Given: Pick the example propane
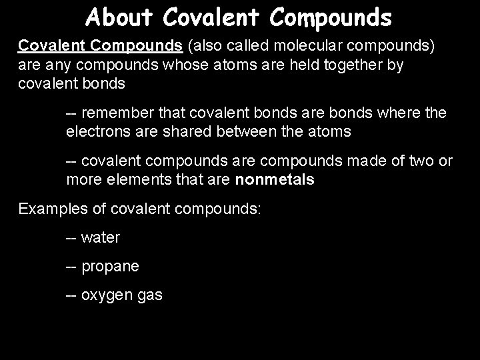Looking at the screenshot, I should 109,267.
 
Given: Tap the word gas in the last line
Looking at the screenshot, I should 149,295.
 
